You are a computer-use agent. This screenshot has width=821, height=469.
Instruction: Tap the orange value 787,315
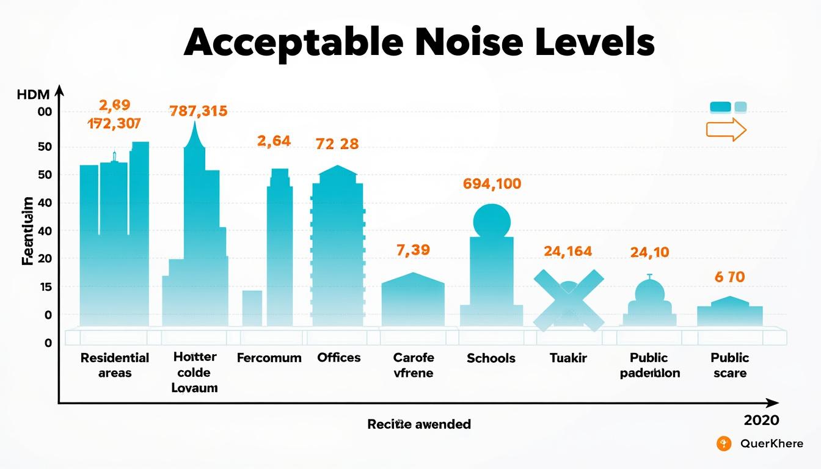tap(198, 111)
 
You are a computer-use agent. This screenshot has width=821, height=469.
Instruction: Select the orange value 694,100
tap(492, 183)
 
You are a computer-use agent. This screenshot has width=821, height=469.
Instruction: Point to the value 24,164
tap(567, 251)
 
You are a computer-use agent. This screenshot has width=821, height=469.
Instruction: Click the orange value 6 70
tap(729, 277)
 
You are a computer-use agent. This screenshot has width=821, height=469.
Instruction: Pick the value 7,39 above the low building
tap(413, 250)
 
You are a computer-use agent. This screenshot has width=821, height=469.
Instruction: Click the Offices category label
tap(339, 358)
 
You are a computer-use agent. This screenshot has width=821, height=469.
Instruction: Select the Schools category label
tap(491, 358)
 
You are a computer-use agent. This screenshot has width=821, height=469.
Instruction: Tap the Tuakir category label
tap(568, 358)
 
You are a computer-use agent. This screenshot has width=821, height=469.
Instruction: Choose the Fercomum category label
tap(269, 358)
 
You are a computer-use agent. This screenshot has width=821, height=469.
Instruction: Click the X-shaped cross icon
tap(568, 300)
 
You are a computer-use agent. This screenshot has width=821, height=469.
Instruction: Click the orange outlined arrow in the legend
tap(726, 129)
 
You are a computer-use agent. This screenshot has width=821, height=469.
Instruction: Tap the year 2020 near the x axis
tap(761, 420)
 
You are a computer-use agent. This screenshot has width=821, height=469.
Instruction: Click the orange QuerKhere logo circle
tap(724, 444)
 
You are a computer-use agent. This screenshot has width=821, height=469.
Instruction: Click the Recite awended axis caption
tap(419, 424)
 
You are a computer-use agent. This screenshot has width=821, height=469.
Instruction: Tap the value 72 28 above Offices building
tap(337, 144)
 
